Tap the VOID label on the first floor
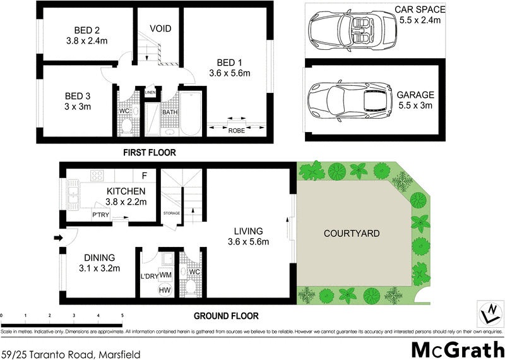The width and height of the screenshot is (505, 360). (160, 29)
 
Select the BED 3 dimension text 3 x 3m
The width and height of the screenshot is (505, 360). (78, 106)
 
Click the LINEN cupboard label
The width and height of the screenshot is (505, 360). (150, 93)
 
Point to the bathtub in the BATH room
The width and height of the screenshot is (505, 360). (189, 115)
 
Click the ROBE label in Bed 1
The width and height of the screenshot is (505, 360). (237, 130)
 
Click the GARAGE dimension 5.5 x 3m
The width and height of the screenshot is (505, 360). (415, 105)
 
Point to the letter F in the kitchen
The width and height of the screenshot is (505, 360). (145, 175)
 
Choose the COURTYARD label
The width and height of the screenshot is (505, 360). (352, 233)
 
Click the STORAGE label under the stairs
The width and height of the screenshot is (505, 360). (171, 213)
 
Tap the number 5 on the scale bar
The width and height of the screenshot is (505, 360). (122, 315)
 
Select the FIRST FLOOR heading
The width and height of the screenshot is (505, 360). (150, 153)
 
